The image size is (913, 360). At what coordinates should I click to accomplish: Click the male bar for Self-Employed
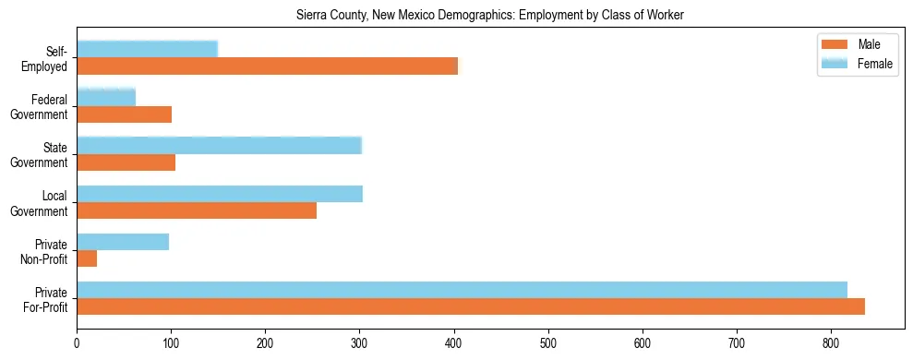coord(267,66)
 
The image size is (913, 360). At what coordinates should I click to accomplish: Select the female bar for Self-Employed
coord(147,49)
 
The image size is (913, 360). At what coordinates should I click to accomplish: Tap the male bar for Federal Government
coord(124,114)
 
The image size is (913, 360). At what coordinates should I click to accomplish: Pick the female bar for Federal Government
coord(106,97)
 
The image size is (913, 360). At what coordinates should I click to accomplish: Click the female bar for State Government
coord(219,145)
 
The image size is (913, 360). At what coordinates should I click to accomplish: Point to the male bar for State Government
coord(126,162)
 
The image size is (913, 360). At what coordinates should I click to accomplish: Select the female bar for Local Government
coord(220,193)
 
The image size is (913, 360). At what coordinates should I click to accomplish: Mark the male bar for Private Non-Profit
coord(87,258)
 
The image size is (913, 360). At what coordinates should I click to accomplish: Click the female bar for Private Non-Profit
coord(123,242)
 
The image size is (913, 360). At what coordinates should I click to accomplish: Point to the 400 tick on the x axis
coord(454,330)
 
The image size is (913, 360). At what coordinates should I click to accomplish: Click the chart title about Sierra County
coord(490,16)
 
